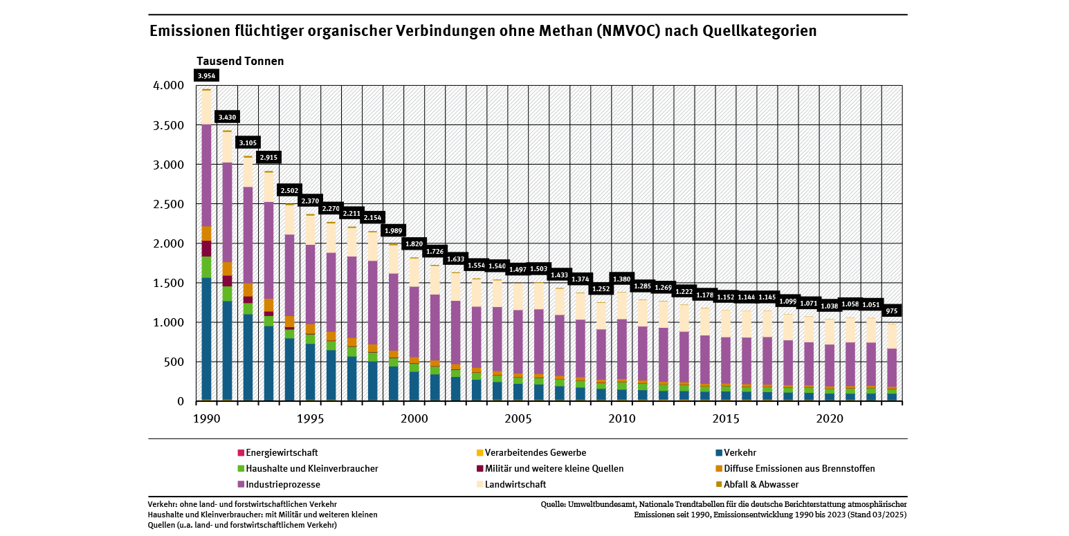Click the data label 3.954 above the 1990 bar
(x=206, y=76)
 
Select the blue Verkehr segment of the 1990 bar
(x=206, y=339)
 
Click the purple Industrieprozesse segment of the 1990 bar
(x=206, y=176)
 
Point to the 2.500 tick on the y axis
(x=168, y=204)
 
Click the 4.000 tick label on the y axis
(x=168, y=86)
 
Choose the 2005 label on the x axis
(x=518, y=418)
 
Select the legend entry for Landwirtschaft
(x=515, y=484)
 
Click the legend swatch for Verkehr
(x=719, y=453)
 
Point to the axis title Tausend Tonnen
(x=241, y=61)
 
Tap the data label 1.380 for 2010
(x=622, y=279)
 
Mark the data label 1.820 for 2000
(x=414, y=244)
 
